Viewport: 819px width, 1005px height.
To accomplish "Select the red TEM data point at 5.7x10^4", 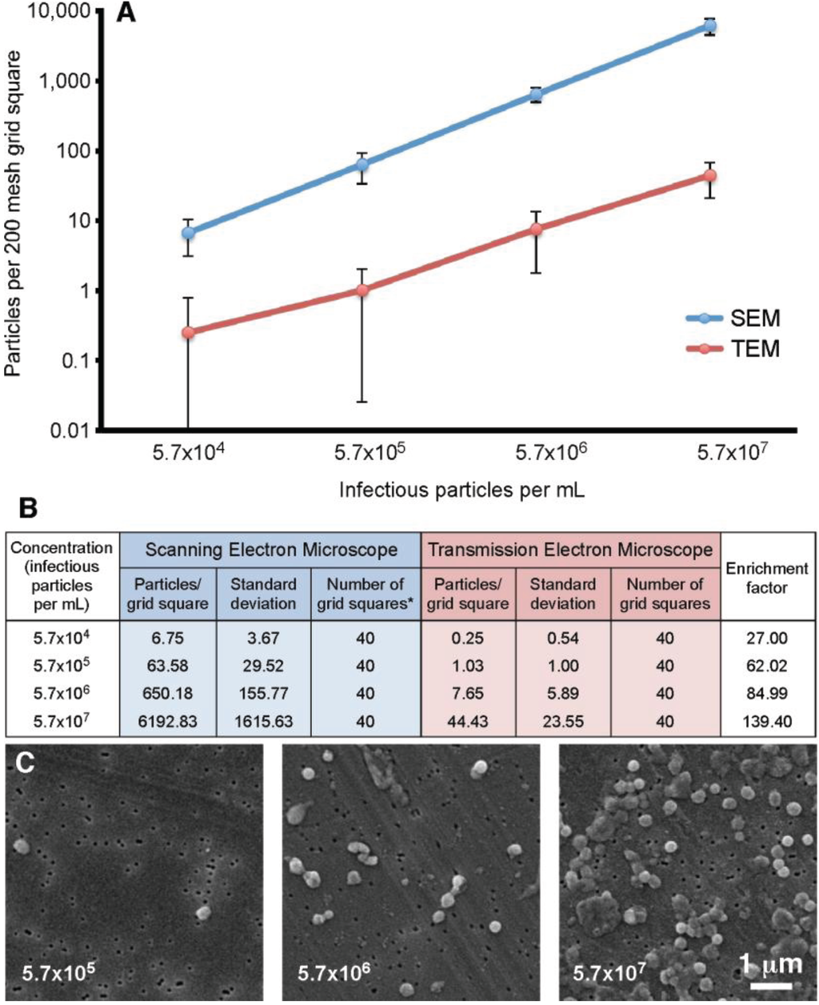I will click(x=188, y=332).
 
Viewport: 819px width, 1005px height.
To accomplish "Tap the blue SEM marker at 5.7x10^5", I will click(x=362, y=165).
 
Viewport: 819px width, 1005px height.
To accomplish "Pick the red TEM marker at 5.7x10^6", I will click(x=537, y=229).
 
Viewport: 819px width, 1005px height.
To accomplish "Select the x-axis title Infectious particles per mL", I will click(x=461, y=489).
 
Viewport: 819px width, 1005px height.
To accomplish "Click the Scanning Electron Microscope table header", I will click(x=271, y=550).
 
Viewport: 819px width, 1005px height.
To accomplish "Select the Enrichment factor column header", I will click(x=766, y=578).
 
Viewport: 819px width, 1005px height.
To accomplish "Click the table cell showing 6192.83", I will click(x=166, y=721).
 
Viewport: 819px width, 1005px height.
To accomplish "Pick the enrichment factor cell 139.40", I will click(x=766, y=721).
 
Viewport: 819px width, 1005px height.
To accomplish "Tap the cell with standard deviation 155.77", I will click(x=263, y=693).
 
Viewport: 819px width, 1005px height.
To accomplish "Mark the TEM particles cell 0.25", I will click(x=467, y=638).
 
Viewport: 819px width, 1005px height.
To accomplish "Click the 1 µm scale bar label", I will click(x=770, y=963).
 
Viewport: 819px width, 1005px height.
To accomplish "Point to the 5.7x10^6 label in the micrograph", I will click(x=334, y=973).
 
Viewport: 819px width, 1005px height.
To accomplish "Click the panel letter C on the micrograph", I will click(x=26, y=764).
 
